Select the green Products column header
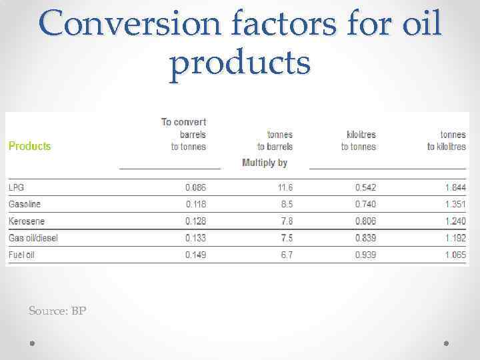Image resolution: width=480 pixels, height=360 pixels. (29, 146)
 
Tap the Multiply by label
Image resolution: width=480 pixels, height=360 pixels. (265, 163)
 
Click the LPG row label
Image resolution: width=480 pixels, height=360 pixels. (16, 187)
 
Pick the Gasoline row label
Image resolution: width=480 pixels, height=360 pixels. (25, 204)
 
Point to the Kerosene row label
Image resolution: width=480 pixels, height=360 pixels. (27, 221)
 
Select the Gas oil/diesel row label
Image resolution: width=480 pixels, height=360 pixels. (33, 238)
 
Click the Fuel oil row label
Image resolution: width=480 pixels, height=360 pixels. (21, 255)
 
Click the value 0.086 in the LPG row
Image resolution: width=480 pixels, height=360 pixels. (195, 187)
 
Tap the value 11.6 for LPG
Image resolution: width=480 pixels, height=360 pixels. (285, 187)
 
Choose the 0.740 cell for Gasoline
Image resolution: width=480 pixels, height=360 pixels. (365, 204)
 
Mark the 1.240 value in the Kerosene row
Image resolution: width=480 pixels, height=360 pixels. (455, 221)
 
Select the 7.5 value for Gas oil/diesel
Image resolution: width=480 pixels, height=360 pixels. (286, 238)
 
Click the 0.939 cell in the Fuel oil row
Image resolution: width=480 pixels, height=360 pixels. (365, 255)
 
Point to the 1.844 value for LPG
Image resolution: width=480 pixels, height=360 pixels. (455, 187)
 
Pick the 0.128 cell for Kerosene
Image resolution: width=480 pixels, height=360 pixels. (195, 221)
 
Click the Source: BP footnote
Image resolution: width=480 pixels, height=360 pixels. (57, 311)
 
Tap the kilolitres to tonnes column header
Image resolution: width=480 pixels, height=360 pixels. (358, 141)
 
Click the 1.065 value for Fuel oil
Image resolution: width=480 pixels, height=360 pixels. (455, 255)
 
